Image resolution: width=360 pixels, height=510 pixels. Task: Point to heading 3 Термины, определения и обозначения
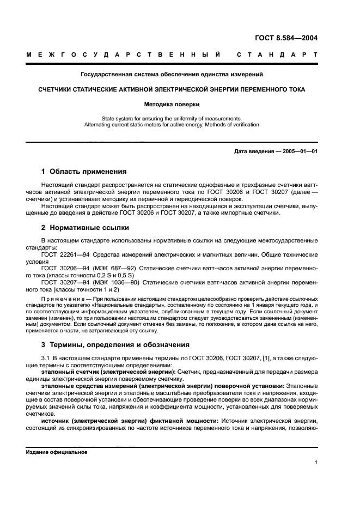115,344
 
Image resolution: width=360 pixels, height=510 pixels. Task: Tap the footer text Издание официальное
57,452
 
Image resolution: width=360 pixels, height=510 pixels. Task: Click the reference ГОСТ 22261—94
61,254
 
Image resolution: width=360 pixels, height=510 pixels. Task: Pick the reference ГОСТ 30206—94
61,269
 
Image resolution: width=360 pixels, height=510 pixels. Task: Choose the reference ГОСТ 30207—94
61,282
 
